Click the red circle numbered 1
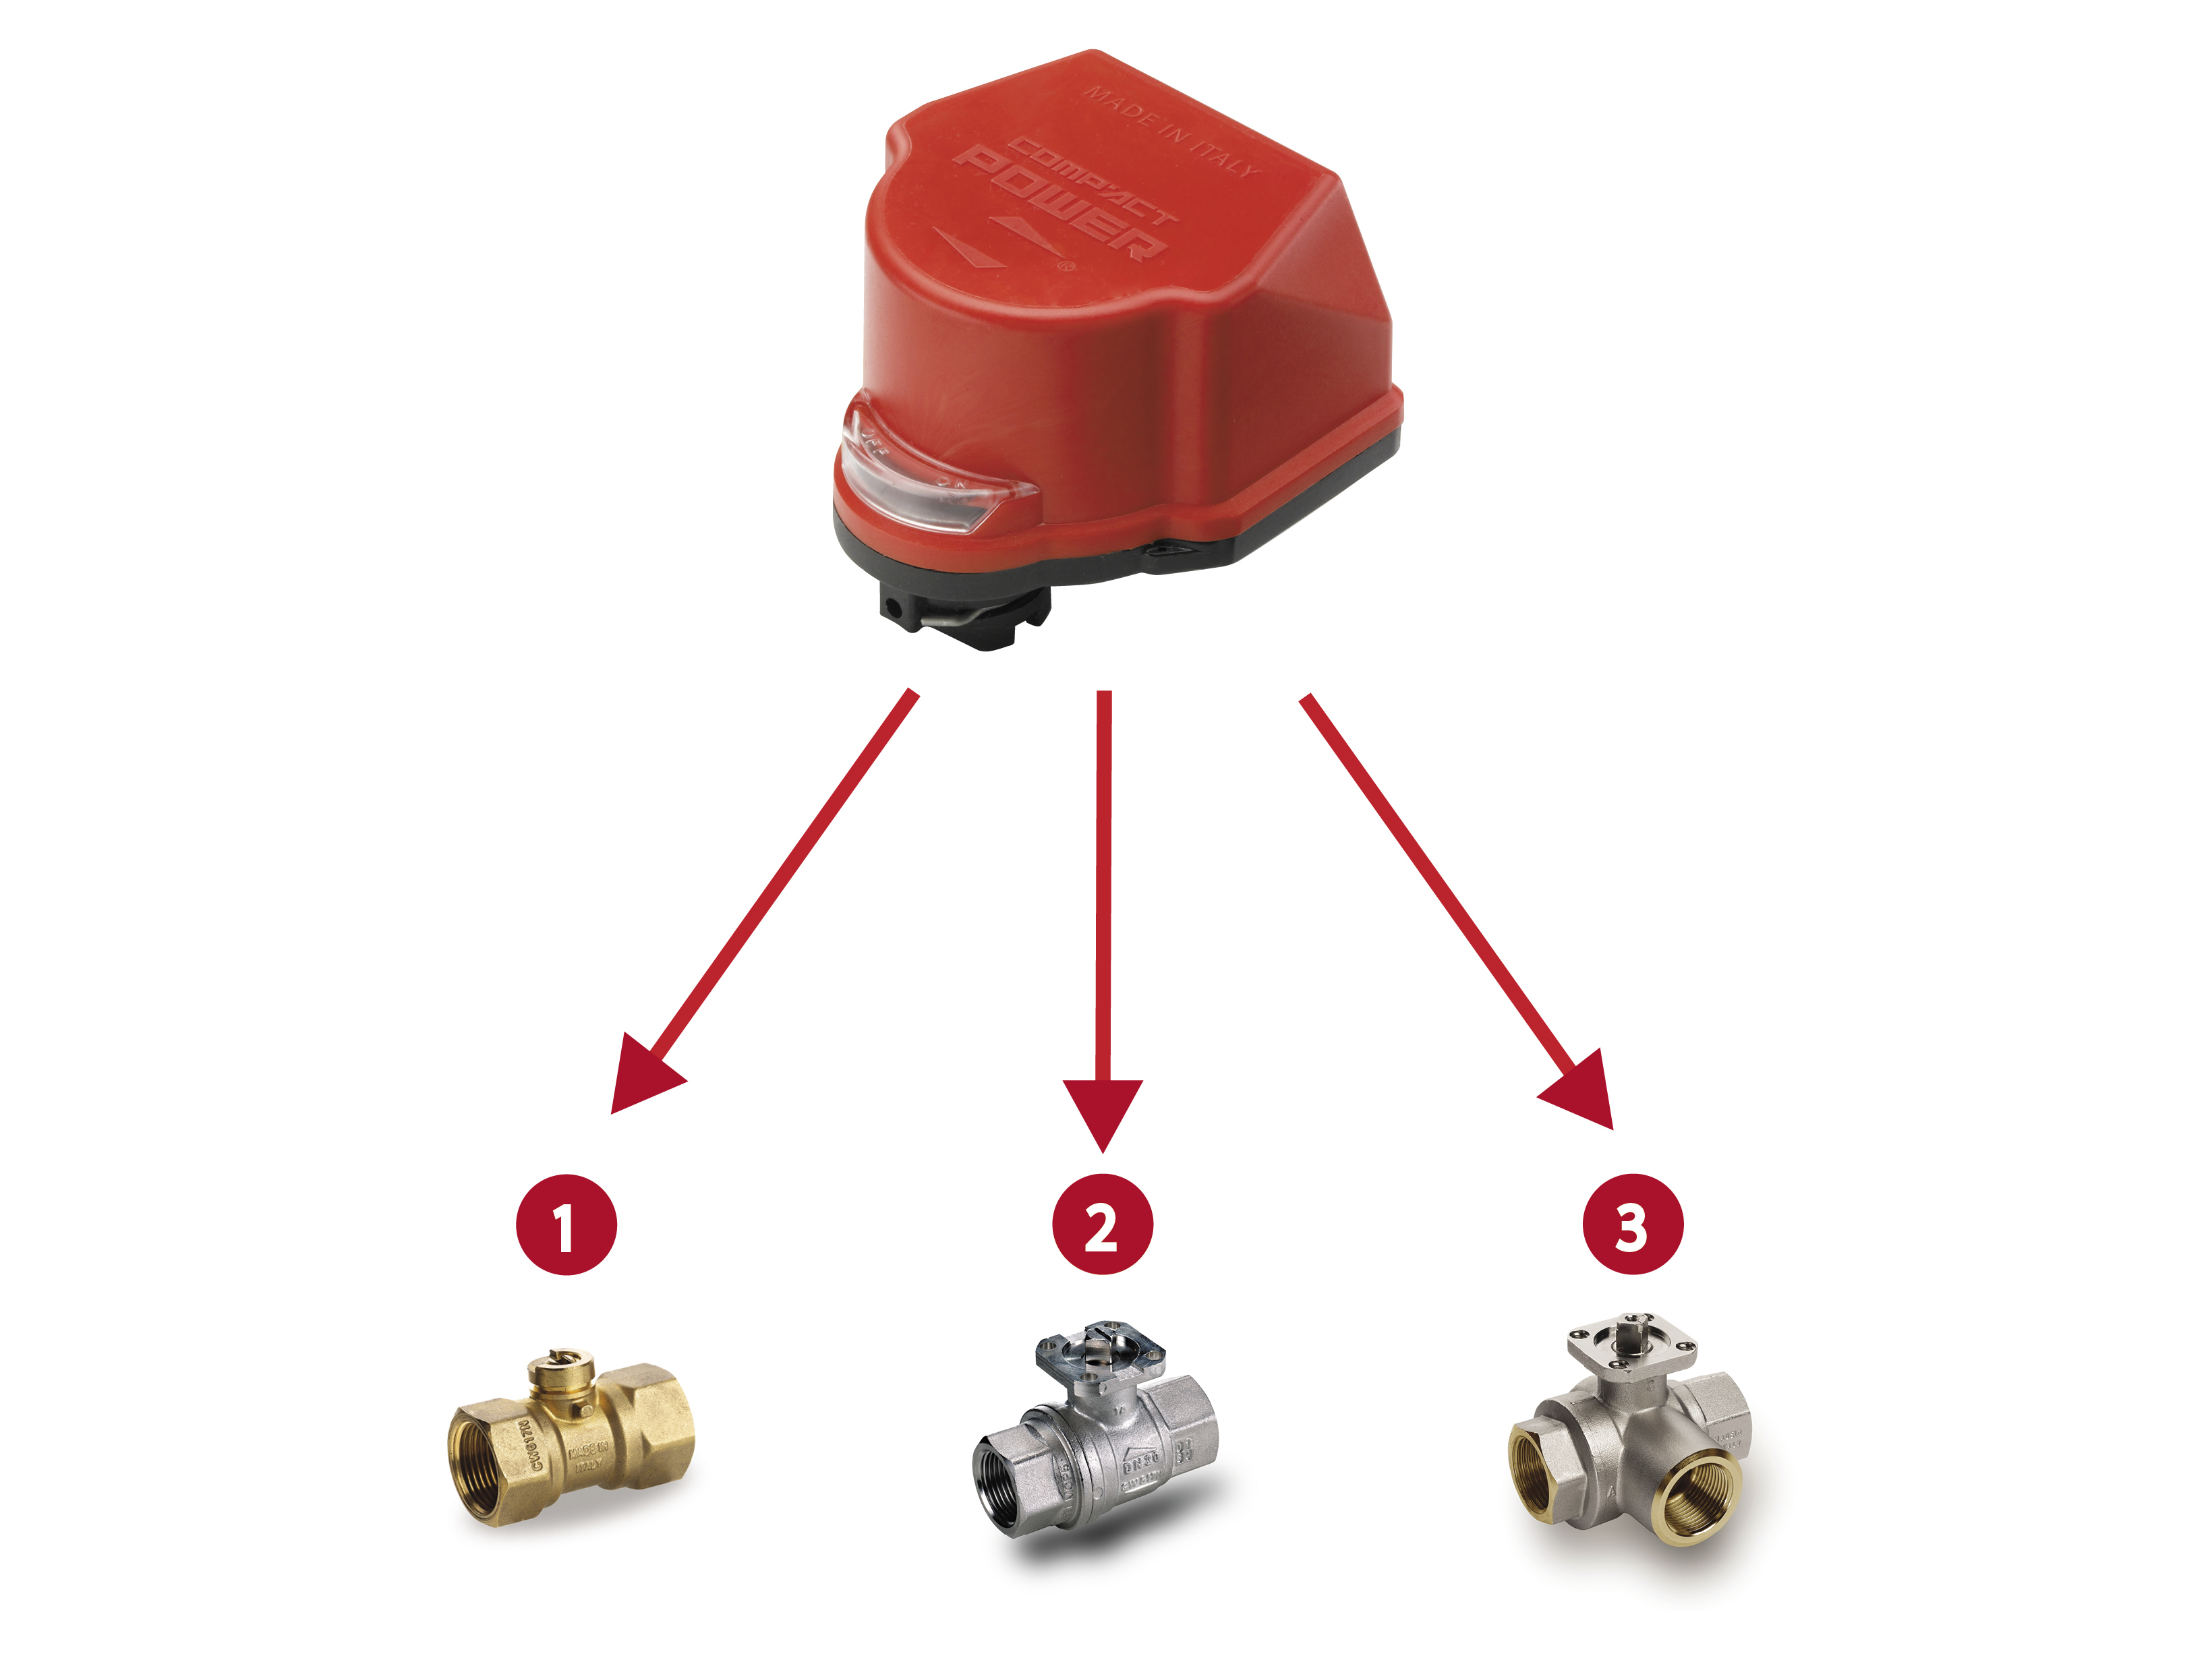pos(566,1224)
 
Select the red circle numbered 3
pos(1633,1224)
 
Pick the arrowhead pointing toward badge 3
pos(1582,1093)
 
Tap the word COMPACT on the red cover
pos(1093,179)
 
